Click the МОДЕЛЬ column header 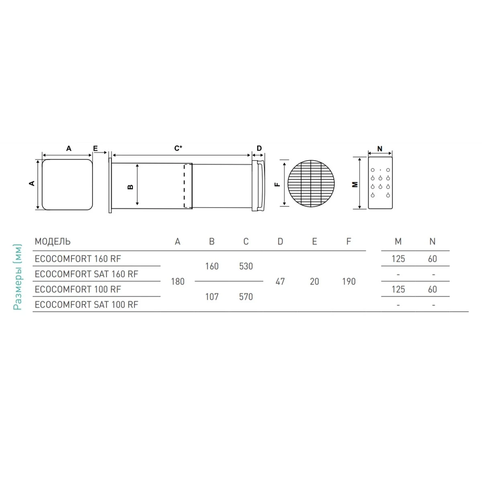[x=53, y=241]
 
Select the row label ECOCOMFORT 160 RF [x=78, y=259]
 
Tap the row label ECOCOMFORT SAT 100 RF [x=86, y=304]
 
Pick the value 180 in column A [x=178, y=282]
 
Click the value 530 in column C [x=246, y=266]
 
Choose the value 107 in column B [x=212, y=297]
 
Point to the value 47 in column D [x=280, y=282]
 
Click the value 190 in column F [x=349, y=282]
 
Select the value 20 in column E [x=315, y=282]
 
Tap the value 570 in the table [x=246, y=297]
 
